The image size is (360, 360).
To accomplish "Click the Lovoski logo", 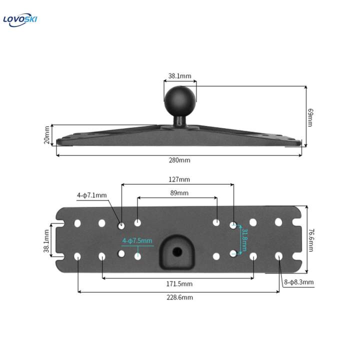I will coord(20,20).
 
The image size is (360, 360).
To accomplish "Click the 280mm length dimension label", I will coord(180,160).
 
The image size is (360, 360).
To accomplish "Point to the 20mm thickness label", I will coord(47,135).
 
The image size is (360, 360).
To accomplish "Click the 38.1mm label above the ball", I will coord(179,76).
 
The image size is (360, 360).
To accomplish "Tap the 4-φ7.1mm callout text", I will coord(92,195).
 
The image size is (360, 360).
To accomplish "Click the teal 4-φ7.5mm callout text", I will coord(137,240).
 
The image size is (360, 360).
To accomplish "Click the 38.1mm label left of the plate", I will coord(47,240).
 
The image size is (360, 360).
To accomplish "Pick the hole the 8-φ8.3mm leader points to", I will coord(278,256).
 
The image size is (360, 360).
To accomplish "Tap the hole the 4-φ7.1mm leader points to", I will coord(121,226).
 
